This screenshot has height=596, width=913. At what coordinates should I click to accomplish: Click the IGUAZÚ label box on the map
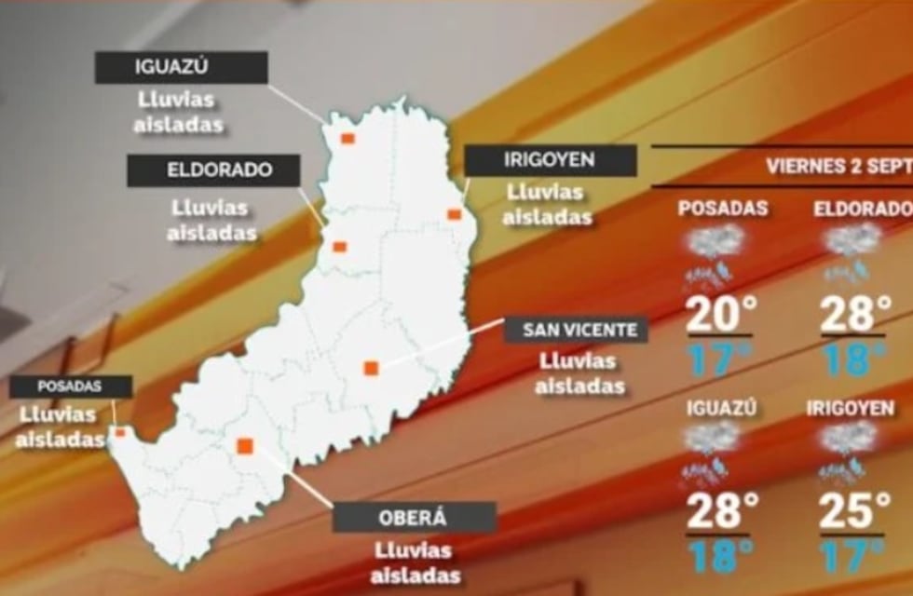(182, 68)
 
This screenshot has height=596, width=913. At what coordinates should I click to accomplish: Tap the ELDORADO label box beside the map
(213, 170)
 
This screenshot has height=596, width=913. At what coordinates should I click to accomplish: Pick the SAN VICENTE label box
(575, 330)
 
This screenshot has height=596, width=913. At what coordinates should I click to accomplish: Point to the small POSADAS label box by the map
(70, 386)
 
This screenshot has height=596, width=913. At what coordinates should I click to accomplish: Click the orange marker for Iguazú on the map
(347, 139)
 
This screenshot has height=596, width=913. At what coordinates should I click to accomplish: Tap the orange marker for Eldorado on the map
(340, 247)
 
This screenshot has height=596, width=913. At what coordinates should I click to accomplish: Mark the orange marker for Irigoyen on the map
(454, 214)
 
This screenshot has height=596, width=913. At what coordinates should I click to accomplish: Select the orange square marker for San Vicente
(371, 368)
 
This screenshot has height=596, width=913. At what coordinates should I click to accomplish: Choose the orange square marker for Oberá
(245, 446)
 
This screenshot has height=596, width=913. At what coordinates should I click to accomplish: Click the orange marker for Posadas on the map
(119, 432)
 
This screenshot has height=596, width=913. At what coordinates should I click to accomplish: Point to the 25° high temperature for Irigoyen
(854, 511)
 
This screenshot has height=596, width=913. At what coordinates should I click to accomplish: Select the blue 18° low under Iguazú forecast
(719, 556)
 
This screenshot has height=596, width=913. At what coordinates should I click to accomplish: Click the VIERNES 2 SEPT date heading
(838, 167)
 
